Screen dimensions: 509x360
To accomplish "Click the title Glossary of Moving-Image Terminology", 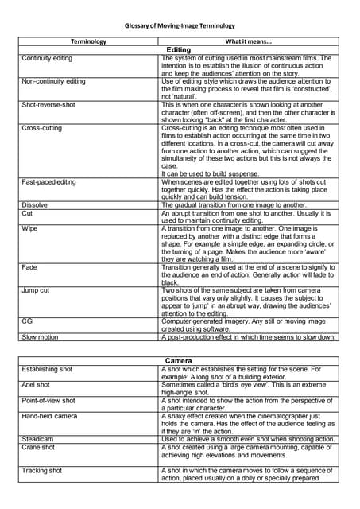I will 180,26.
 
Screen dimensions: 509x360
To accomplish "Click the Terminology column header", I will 89,41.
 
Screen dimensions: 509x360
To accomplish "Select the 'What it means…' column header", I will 248,41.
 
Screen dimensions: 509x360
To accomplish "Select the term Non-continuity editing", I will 54,81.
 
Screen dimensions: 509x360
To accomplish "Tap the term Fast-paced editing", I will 49,182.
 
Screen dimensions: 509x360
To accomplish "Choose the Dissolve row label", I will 34,204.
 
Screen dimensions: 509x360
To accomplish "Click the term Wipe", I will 29,228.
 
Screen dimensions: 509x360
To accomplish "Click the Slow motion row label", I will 41,337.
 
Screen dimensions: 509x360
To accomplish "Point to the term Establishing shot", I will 48,370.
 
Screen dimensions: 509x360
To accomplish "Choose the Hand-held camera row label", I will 49,416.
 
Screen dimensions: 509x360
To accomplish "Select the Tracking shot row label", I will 44,471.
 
